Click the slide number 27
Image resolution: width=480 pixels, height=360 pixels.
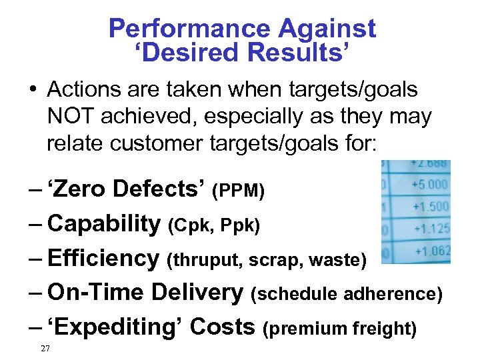click(45, 348)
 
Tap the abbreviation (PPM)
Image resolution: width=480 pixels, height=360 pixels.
click(238, 191)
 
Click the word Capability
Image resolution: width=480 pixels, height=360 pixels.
click(104, 224)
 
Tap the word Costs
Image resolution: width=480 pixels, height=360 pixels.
click(223, 327)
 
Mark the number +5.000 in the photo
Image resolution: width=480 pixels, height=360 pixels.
click(430, 184)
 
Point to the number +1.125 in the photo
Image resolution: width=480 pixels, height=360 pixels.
click(431, 229)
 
